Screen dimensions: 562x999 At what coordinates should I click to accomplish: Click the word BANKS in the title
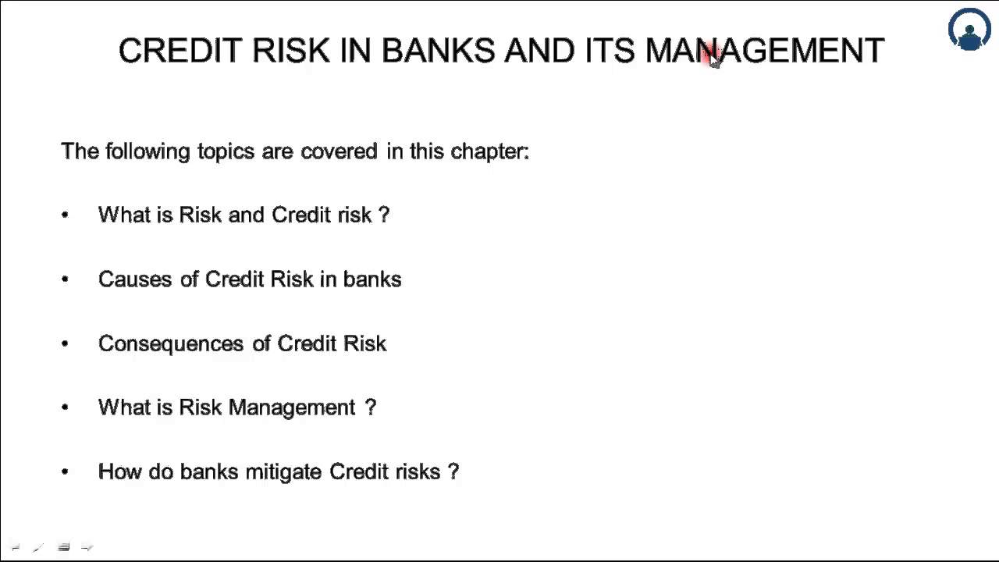point(438,51)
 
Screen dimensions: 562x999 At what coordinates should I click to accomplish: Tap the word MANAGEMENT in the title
point(764,51)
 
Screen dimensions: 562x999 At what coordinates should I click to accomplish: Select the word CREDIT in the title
point(180,51)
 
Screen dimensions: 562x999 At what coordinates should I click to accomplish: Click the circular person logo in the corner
point(969,30)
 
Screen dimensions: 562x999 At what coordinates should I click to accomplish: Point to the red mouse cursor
point(713,57)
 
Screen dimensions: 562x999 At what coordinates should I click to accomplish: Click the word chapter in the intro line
point(489,151)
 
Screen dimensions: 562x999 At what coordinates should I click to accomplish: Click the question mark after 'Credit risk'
point(383,215)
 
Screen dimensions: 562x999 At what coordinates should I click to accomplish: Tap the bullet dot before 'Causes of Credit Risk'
point(65,279)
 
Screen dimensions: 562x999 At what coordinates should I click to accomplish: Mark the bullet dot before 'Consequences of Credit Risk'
point(65,343)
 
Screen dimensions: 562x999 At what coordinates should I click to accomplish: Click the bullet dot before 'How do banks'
point(65,471)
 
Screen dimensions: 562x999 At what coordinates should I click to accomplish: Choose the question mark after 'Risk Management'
point(371,407)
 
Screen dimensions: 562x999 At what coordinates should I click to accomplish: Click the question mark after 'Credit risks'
point(453,471)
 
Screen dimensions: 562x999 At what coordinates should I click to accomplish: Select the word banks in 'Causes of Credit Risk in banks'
point(372,279)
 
